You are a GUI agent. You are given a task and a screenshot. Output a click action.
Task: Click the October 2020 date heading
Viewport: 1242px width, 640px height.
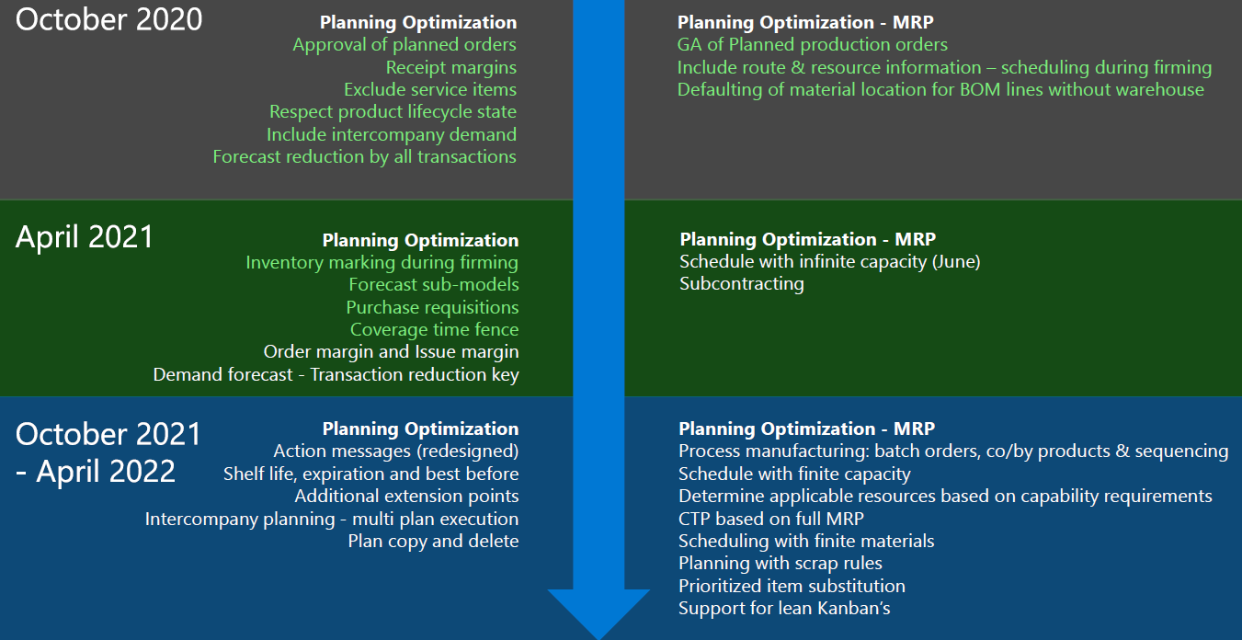pyautogui.click(x=108, y=20)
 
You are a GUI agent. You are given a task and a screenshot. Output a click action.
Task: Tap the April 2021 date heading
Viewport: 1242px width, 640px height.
pyautogui.click(x=85, y=237)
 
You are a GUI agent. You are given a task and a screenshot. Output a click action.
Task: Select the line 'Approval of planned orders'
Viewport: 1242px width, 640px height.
pyautogui.click(x=405, y=45)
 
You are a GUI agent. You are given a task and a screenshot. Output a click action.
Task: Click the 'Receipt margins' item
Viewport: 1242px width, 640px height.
pyautogui.click(x=450, y=68)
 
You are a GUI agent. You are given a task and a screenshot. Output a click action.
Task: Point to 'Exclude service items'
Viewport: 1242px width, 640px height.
pyautogui.click(x=429, y=89)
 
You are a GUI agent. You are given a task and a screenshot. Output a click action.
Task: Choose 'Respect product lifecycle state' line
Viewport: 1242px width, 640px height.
pyautogui.click(x=393, y=112)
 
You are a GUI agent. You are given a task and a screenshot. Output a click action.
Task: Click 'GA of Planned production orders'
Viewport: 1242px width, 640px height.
pyautogui.click(x=813, y=45)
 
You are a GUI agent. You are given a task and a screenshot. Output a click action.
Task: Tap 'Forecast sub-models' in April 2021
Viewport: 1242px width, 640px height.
pyautogui.click(x=434, y=284)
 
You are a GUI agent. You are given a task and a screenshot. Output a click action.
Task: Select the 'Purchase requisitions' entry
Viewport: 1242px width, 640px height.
pyautogui.click(x=432, y=307)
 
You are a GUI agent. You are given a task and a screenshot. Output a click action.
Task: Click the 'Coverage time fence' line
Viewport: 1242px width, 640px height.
pyautogui.click(x=434, y=329)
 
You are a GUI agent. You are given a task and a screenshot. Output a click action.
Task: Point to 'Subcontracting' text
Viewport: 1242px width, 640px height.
pyautogui.click(x=741, y=284)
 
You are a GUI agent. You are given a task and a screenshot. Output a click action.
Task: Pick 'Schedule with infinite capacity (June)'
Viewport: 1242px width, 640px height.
pyautogui.click(x=829, y=262)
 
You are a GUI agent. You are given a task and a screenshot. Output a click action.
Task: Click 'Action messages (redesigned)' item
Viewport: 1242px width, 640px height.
pyautogui.click(x=396, y=451)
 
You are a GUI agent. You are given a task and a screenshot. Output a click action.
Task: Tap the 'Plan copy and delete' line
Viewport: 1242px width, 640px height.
pyautogui.click(x=433, y=542)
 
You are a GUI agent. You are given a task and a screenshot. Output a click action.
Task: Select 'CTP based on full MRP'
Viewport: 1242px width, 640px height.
pyautogui.click(x=770, y=519)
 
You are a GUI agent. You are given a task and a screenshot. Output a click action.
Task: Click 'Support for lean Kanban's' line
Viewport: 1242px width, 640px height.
pyautogui.click(x=784, y=609)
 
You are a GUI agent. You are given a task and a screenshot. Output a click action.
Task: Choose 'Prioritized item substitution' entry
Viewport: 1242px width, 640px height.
pyautogui.click(x=792, y=586)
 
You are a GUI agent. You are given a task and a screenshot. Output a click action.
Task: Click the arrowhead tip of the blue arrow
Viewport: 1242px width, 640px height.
pyautogui.click(x=598, y=638)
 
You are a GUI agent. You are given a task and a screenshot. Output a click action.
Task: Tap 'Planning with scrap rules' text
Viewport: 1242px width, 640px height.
pyautogui.click(x=780, y=564)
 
